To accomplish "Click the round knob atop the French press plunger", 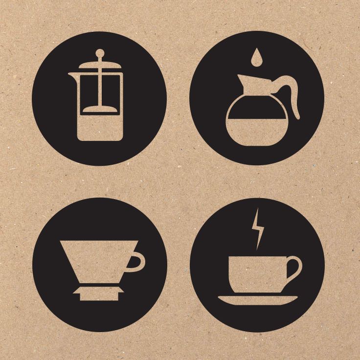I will (x=100, y=52).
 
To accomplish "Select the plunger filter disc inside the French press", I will (x=100, y=111).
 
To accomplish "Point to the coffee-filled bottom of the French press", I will (x=100, y=129).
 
